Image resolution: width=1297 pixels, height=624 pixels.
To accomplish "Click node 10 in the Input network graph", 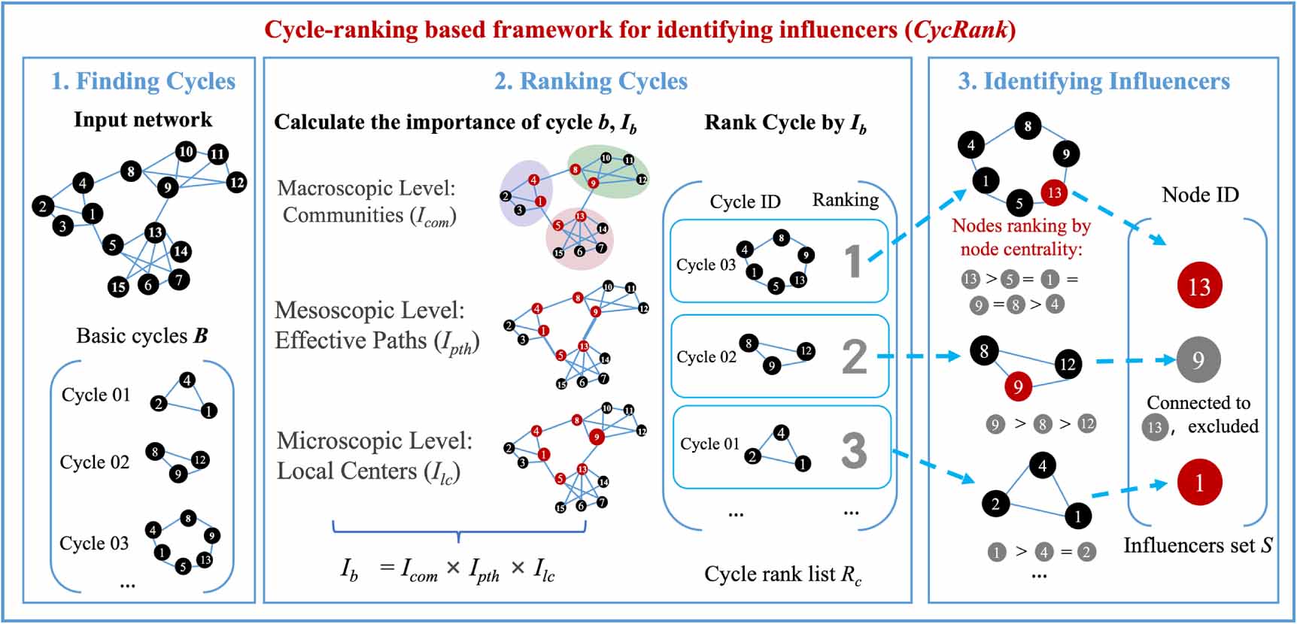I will click(186, 151).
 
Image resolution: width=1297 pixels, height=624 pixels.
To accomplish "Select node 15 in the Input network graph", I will click(118, 286).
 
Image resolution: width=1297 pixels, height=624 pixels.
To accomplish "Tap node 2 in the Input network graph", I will click(43, 206).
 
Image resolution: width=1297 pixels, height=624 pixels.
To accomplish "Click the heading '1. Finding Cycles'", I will click(143, 81).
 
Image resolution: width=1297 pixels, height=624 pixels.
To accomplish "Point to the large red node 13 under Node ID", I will click(1199, 286).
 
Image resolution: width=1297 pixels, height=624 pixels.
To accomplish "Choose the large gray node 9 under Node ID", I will click(1198, 360).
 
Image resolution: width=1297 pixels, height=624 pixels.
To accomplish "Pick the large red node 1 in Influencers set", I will click(1199, 483).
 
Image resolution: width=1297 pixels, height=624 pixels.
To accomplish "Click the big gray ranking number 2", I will click(855, 356).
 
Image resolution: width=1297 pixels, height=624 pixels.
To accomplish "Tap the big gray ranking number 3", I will click(855, 450).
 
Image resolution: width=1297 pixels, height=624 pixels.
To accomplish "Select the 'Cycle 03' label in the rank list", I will click(706, 265).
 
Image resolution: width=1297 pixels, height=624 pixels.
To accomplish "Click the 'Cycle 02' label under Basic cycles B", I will click(95, 462).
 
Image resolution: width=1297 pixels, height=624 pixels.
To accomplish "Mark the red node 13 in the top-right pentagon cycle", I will click(1055, 193).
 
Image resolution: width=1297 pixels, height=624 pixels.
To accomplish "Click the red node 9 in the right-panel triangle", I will click(1018, 386).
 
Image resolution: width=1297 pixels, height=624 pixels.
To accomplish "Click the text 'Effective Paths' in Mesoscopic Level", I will click(351, 341).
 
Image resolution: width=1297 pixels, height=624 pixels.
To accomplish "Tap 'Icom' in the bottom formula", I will click(419, 570).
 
